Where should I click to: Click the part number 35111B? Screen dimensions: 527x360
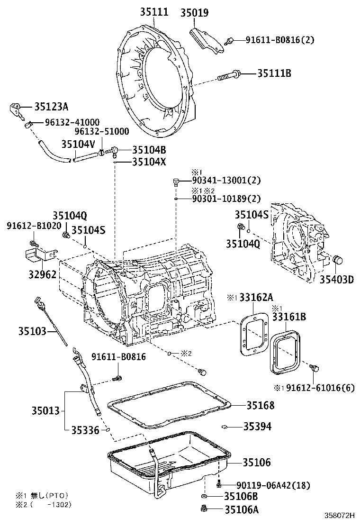click(x=274, y=73)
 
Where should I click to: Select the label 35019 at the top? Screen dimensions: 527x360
click(x=194, y=13)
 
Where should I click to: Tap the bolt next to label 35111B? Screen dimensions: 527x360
click(x=230, y=75)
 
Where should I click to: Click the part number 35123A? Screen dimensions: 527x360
click(x=51, y=107)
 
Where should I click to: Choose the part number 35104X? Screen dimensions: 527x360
click(x=149, y=162)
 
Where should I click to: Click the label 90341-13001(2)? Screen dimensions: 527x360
click(x=226, y=181)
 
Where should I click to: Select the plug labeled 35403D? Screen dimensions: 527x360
click(x=338, y=260)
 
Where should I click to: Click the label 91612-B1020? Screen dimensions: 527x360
click(x=34, y=226)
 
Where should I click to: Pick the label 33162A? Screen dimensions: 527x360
click(x=255, y=297)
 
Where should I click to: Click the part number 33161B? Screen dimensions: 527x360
click(x=288, y=317)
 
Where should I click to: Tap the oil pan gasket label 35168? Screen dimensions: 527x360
click(x=260, y=406)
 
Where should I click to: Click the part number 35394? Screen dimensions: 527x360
click(x=258, y=427)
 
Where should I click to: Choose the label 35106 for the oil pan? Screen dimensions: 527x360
click(x=257, y=462)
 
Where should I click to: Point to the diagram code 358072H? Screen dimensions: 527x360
click(x=340, y=515)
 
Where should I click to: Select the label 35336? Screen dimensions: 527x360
click(x=85, y=430)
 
